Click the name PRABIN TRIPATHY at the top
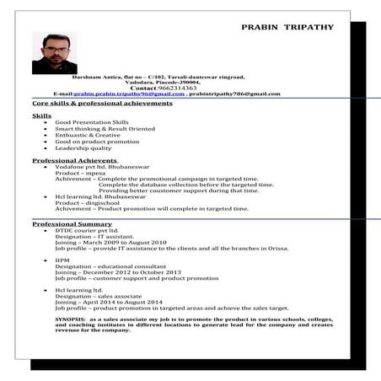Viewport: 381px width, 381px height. (287, 27)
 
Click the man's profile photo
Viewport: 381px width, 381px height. (54, 52)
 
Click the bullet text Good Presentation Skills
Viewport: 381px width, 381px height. (92, 122)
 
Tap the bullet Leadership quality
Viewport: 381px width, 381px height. (83, 148)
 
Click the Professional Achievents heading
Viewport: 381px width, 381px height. (68, 160)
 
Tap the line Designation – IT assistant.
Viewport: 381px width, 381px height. (97, 236)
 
